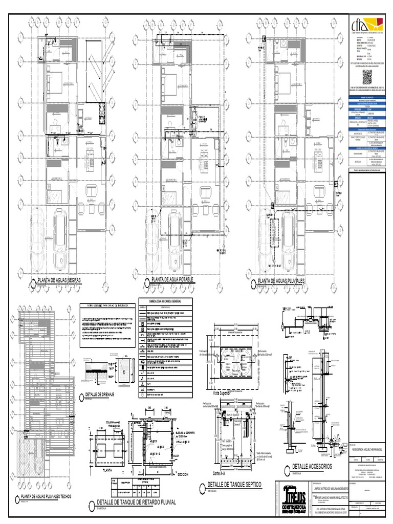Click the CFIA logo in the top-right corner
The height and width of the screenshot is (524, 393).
(366, 30)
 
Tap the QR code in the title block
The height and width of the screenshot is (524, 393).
(370, 78)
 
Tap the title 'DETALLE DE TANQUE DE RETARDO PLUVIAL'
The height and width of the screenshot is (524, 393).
(136, 503)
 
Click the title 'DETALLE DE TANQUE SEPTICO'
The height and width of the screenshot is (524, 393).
(234, 484)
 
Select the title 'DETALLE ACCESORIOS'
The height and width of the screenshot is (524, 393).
(312, 467)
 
